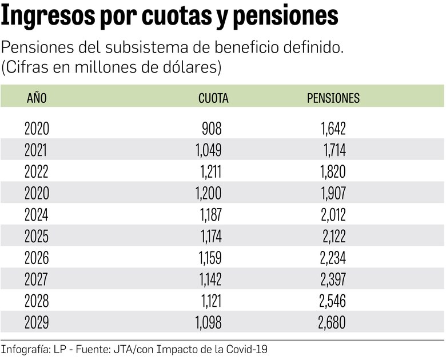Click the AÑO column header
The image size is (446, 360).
(37, 98)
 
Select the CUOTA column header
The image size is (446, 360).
(213, 98)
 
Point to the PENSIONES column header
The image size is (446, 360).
(333, 98)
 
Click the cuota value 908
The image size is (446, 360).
(211, 129)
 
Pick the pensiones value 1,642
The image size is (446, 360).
(333, 129)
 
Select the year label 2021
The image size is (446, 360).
(36, 150)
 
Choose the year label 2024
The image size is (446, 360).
(37, 215)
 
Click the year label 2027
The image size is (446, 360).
(37, 280)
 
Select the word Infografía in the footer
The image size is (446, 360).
(22, 349)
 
